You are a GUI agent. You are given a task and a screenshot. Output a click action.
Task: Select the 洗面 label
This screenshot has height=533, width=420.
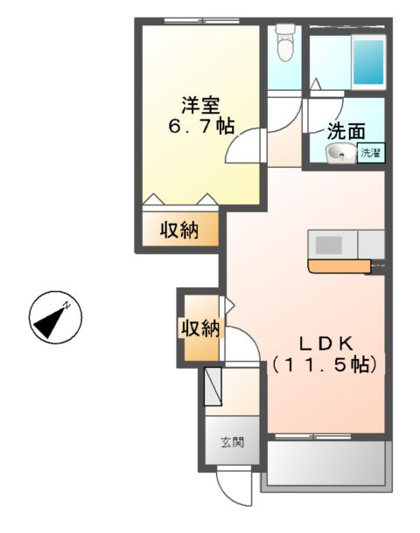click(346, 132)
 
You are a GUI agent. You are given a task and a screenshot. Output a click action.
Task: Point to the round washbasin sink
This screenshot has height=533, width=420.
click(339, 155)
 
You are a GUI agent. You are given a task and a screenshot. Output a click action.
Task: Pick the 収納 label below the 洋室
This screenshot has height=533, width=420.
click(179, 231)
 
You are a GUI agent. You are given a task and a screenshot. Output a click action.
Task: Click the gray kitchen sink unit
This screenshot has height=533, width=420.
click(332, 242)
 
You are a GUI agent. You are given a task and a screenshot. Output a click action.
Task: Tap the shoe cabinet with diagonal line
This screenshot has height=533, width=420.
click(214, 387)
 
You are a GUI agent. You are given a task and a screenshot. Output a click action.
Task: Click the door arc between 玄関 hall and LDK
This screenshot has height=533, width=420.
click(245, 350)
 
